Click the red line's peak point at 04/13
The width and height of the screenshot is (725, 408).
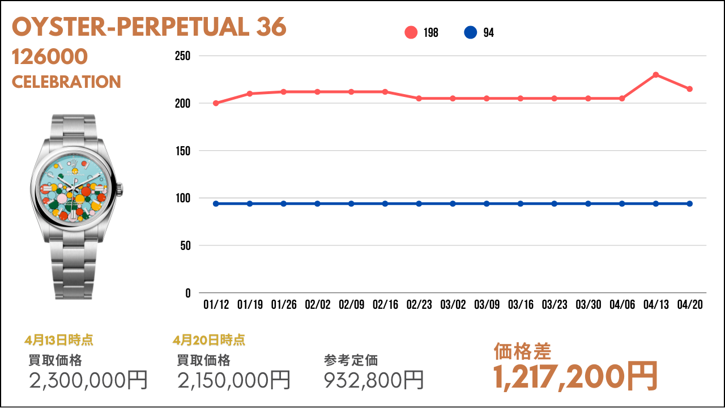(x=656, y=75)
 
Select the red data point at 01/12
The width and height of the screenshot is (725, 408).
(x=216, y=103)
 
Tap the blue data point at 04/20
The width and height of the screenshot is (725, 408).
(x=690, y=203)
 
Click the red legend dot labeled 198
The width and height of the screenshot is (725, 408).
(x=411, y=33)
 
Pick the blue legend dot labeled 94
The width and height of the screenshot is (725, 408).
(x=470, y=33)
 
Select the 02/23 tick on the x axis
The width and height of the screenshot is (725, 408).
(x=419, y=305)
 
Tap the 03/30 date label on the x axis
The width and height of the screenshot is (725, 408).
(x=588, y=305)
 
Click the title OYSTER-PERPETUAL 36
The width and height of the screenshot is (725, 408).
(x=149, y=27)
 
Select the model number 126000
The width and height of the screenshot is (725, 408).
(x=50, y=57)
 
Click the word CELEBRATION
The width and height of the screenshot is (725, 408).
(x=66, y=82)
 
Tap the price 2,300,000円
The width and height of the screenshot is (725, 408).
(x=88, y=380)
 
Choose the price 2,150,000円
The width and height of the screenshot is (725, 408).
(x=234, y=380)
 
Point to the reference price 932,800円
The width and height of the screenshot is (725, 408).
(x=374, y=380)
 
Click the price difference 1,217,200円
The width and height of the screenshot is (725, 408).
(x=575, y=376)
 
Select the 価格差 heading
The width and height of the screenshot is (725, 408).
(x=522, y=352)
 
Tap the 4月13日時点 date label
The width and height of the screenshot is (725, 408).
(x=59, y=340)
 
